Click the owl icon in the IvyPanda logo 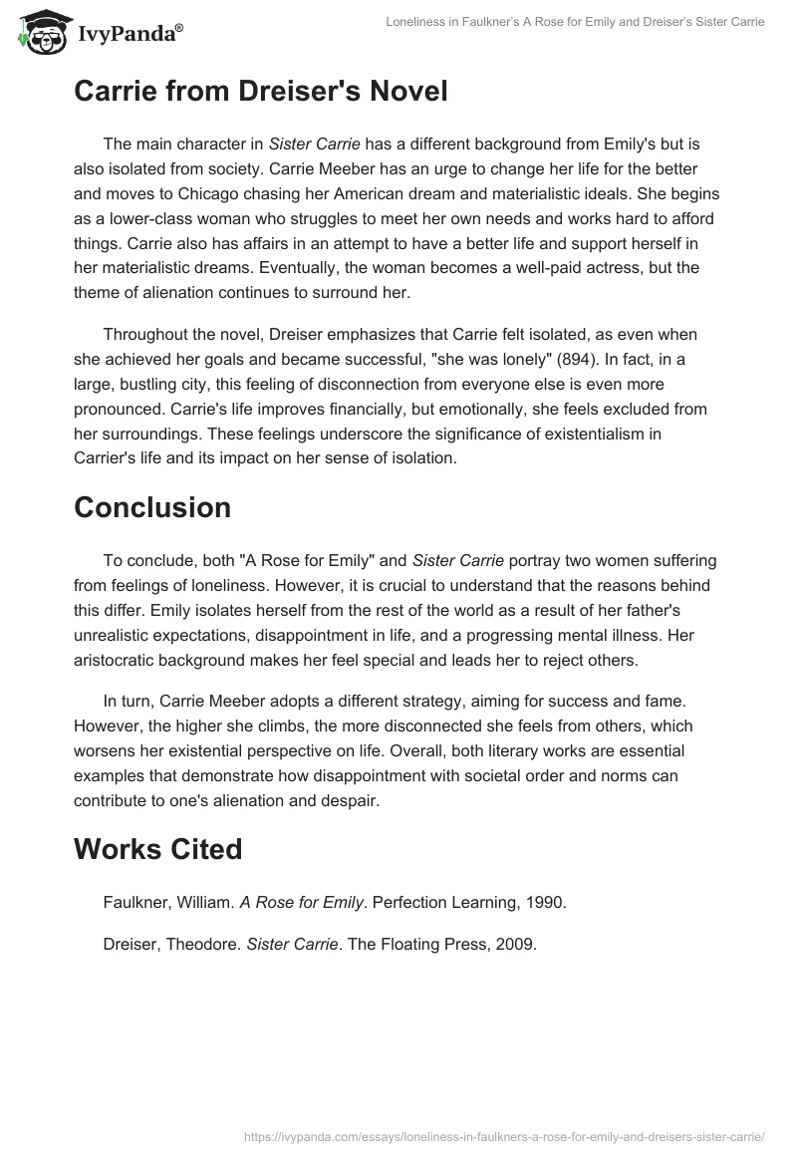[x=38, y=33]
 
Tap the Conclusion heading [x=152, y=507]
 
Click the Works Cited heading [x=157, y=849]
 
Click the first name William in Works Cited [x=202, y=902]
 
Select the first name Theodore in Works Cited [x=204, y=946]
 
